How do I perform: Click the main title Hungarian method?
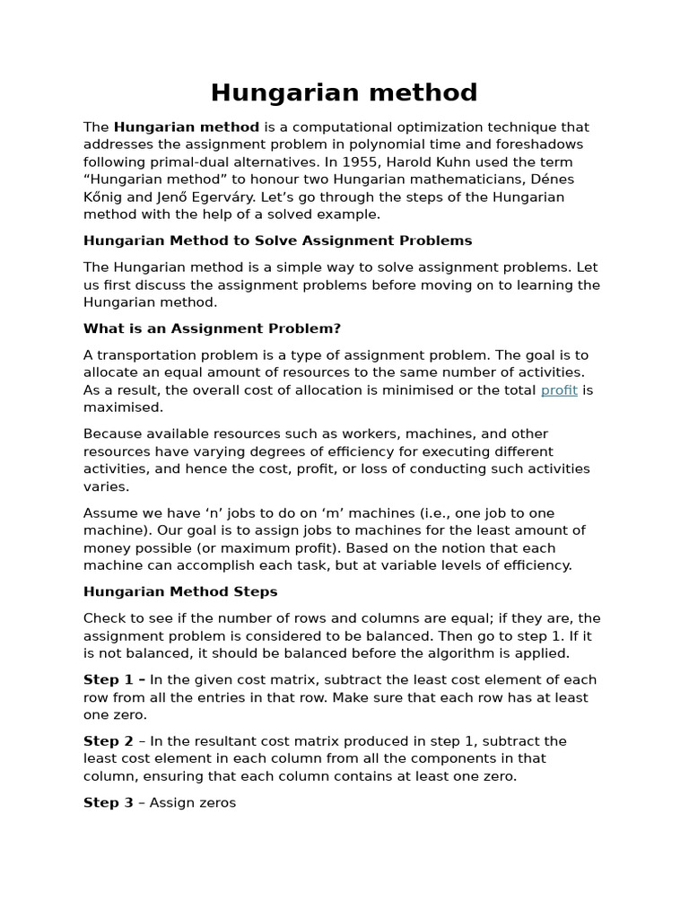pyautogui.click(x=344, y=92)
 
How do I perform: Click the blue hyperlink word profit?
pyautogui.click(x=559, y=390)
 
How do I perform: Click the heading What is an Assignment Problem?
pyautogui.click(x=212, y=328)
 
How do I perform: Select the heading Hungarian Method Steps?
pyautogui.click(x=180, y=591)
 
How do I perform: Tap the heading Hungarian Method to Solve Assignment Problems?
pyautogui.click(x=277, y=241)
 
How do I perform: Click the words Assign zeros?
pyautogui.click(x=193, y=802)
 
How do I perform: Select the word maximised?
pyautogui.click(x=123, y=407)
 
